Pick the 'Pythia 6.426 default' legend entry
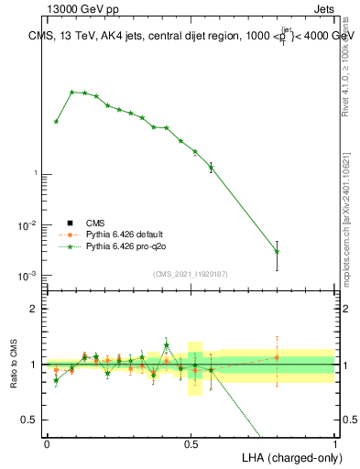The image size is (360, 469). point(125,234)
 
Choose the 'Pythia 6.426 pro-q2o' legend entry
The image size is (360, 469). point(125,246)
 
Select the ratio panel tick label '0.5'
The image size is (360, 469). point(31,420)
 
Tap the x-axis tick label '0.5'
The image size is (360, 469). point(191,442)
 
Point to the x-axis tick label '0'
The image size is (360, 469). point(47,442)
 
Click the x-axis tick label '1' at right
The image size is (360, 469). point(334,442)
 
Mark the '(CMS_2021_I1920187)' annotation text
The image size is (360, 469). point(190,273)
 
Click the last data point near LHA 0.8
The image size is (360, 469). point(277,251)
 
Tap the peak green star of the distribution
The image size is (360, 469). point(71,92)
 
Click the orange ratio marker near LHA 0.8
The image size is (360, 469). point(277,357)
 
